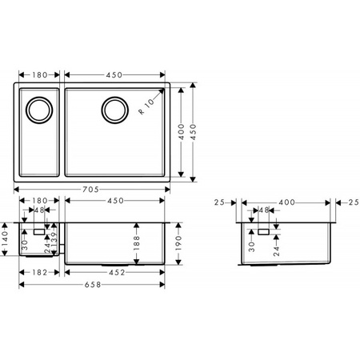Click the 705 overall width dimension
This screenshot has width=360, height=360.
(90, 190)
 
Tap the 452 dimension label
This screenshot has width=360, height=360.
(115, 272)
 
